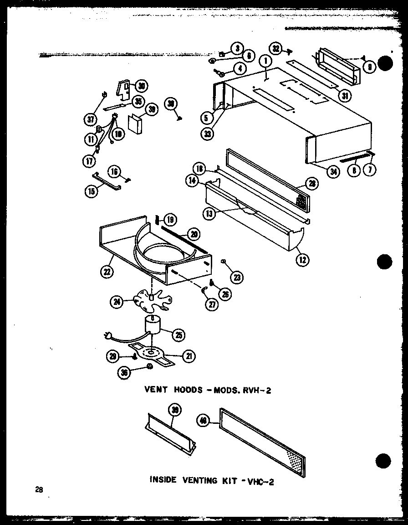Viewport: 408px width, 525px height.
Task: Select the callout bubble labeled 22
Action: coord(107,272)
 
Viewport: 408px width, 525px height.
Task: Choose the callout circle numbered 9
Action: coord(370,67)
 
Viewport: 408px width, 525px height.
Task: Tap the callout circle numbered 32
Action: coord(276,48)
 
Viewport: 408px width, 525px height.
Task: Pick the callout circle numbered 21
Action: coord(187,357)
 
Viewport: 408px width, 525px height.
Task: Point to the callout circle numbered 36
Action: coord(124,372)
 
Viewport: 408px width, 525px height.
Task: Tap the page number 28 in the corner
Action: coord(39,490)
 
